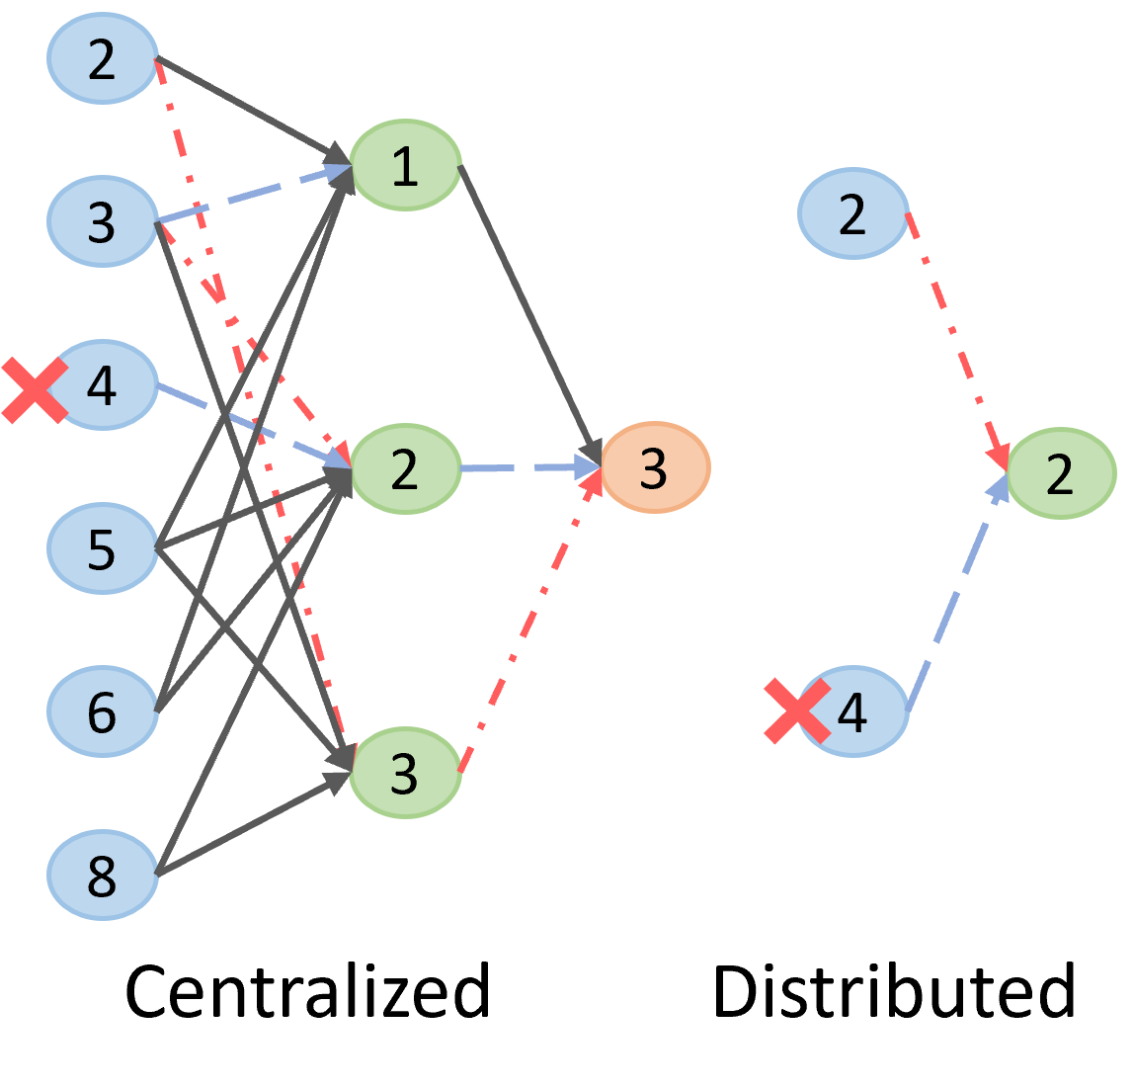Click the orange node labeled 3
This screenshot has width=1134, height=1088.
(x=655, y=467)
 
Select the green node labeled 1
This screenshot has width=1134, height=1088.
(x=405, y=165)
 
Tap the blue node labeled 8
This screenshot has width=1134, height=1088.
(x=103, y=876)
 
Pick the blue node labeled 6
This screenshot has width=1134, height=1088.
(x=103, y=711)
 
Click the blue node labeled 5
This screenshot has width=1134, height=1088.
(x=103, y=548)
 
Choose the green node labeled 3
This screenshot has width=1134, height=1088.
(x=405, y=773)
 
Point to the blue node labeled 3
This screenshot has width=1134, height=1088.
(x=103, y=221)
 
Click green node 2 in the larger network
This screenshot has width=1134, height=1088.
(x=405, y=468)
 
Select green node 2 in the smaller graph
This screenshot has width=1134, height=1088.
(x=1061, y=473)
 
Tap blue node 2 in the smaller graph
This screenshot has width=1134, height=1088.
(x=852, y=213)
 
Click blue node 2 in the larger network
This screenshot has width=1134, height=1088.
(x=103, y=58)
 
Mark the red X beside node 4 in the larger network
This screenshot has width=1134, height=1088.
(x=34, y=390)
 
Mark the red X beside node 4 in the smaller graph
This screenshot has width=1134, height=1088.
(x=797, y=711)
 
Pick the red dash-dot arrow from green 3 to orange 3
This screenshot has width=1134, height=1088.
(x=528, y=623)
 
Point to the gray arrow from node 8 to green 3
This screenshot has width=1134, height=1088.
(x=252, y=825)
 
